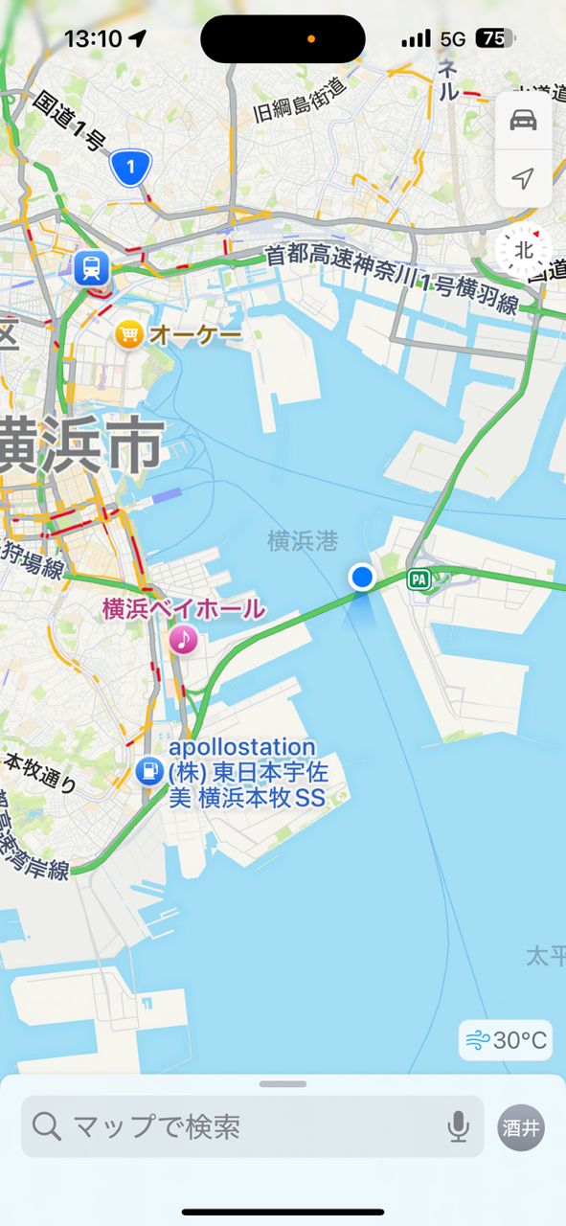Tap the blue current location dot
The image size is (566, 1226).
[x=362, y=577]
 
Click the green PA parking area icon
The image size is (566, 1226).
[x=418, y=579]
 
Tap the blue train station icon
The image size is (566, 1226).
[x=91, y=268]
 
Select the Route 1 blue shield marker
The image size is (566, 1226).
[x=131, y=169]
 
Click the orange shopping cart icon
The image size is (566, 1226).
[x=128, y=334]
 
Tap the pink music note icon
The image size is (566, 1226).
[x=183, y=638]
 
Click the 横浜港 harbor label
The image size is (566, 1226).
[x=303, y=541]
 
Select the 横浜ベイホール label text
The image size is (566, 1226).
[x=184, y=609]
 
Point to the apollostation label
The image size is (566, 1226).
[x=241, y=747]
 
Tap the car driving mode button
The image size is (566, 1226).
[x=523, y=121]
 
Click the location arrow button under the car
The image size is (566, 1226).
[x=523, y=178]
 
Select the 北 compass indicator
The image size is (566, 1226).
[x=524, y=250]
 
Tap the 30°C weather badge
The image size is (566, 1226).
[x=506, y=1040]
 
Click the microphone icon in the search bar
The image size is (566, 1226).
[x=459, y=1126]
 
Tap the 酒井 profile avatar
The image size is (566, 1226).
[x=522, y=1127]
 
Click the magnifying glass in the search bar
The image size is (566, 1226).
[x=46, y=1126]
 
